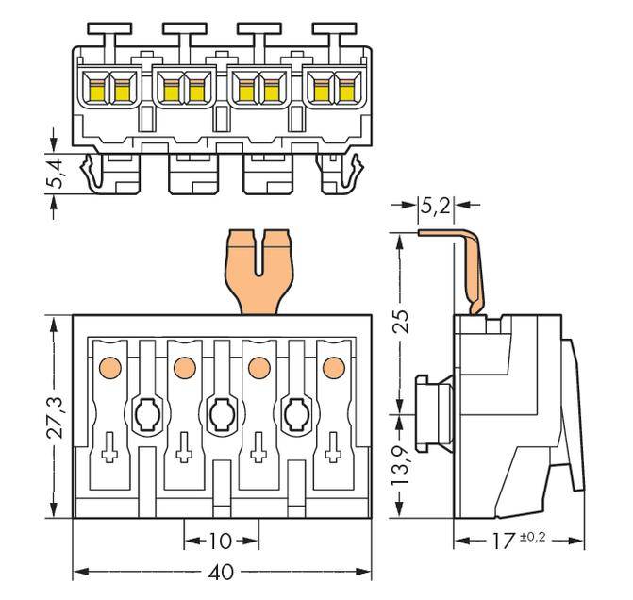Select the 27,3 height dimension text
tap(56, 415)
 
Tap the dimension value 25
tap(402, 322)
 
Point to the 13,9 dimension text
tap(402, 466)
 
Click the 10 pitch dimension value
tap(220, 542)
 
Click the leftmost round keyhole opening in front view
tap(145, 412)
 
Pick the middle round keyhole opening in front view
tap(220, 412)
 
